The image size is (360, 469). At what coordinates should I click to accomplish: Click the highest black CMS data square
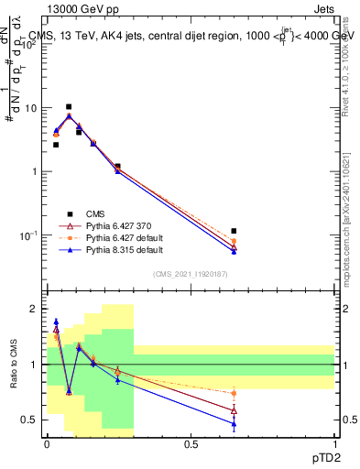[x=68, y=106]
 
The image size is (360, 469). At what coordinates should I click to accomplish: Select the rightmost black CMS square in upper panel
[x=234, y=231]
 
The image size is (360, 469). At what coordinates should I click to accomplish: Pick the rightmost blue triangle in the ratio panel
[x=234, y=423]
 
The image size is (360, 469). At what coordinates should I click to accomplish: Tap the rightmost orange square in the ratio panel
[x=234, y=393]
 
